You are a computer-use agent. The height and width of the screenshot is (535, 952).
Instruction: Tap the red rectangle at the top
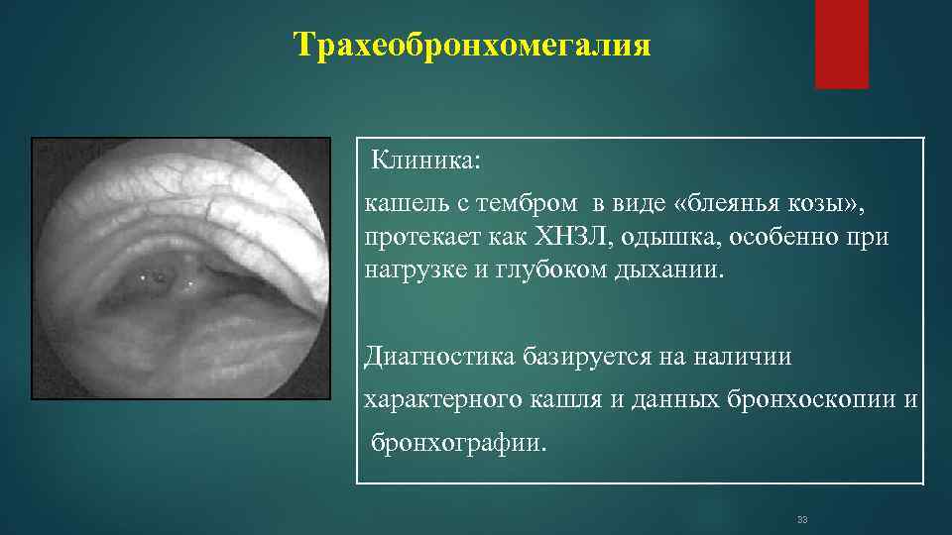pos(841,44)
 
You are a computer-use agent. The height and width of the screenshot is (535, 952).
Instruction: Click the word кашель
pos(400,205)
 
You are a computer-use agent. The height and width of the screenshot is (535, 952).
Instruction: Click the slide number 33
pos(803,519)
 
